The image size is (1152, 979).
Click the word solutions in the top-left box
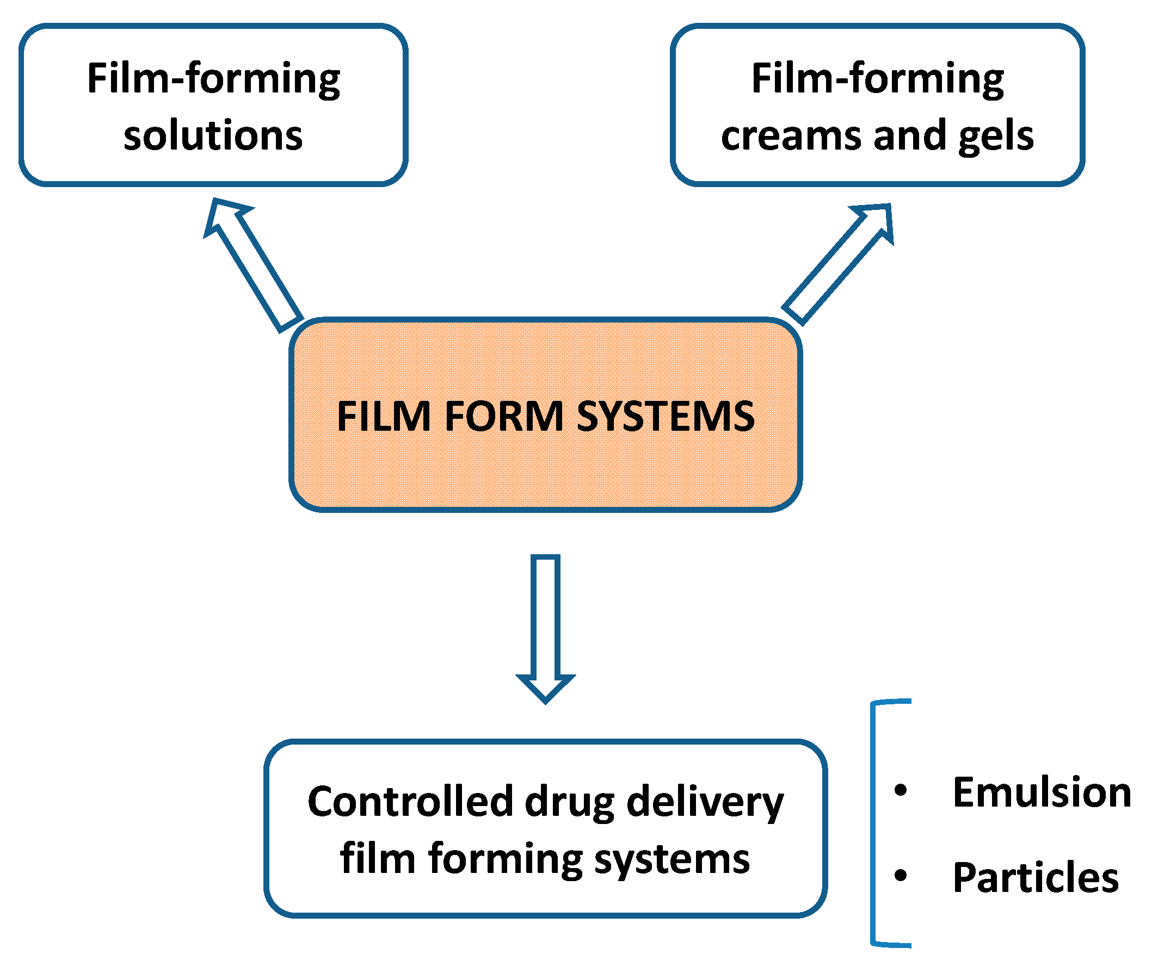tap(213, 135)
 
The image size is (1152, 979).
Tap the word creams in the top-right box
tap(792, 137)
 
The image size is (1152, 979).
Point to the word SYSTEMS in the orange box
tap(666, 416)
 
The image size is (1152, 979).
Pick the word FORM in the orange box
tap(504, 416)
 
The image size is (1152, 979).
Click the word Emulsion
tap(1042, 792)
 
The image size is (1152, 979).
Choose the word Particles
tap(1036, 877)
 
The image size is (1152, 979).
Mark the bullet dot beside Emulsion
tap(901, 790)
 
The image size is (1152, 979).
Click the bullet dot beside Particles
tap(901, 876)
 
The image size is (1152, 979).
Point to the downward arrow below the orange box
tap(545, 629)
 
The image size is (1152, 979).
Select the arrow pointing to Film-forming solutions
tap(253, 265)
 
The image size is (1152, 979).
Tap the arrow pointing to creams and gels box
tap(838, 264)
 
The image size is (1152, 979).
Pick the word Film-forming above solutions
tap(214, 79)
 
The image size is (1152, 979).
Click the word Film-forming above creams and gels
tap(878, 79)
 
